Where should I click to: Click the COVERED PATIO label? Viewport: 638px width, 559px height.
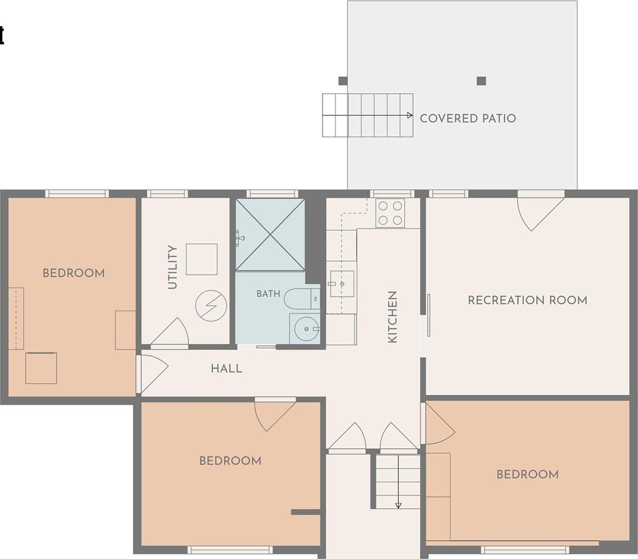pos(468,118)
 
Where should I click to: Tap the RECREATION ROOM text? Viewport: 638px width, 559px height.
pos(528,300)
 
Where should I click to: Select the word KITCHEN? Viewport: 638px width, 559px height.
pos(392,317)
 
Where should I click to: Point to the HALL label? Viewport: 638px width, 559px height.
pos(227,369)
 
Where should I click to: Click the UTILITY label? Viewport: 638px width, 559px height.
pos(173,267)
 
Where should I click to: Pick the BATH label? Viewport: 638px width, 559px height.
pos(268,294)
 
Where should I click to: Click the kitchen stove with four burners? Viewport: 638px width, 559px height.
pos(390,213)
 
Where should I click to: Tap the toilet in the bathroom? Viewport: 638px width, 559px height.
pos(302,298)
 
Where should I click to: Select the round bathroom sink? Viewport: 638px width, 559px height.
pos(307,329)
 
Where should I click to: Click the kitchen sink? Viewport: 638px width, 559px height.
pos(342,284)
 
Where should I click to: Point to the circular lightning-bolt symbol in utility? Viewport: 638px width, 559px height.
pos(211,306)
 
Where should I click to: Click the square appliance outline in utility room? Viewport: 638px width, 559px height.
pos(202,259)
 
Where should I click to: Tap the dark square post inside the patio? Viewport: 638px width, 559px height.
pos(481,81)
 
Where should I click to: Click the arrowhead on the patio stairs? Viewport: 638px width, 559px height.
pos(409,115)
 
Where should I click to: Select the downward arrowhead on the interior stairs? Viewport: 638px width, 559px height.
pos(398,506)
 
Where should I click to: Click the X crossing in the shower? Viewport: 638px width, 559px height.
pos(271,234)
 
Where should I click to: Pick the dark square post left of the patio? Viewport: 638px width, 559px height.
pos(343,81)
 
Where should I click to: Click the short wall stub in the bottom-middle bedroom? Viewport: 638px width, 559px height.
pos(306,512)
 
